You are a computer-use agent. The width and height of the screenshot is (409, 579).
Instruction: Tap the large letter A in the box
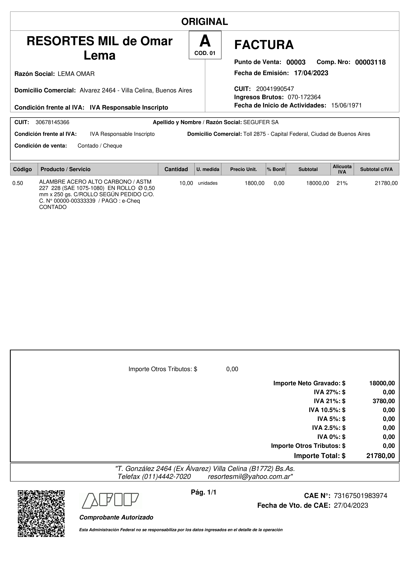coord(205,41)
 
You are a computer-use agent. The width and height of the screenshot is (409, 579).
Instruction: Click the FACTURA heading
coord(264,45)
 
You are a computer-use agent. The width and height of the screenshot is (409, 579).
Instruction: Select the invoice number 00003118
coord(370,62)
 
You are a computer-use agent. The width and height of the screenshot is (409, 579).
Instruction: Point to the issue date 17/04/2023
coord(311,73)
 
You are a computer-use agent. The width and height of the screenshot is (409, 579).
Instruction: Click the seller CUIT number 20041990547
coord(275,89)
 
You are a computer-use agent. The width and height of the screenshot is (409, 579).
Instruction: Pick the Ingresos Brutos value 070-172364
coord(304,97)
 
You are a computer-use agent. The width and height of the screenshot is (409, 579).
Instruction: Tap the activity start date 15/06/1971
coord(346,105)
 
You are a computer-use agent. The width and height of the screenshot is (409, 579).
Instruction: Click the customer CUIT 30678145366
coord(52,122)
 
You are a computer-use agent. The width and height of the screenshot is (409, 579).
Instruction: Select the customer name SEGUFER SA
coord(261,122)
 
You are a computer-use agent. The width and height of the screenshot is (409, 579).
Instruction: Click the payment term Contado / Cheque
coord(100,146)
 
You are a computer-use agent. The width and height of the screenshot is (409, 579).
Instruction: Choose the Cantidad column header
coord(176,169)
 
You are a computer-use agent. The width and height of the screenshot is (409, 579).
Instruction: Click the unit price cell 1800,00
coord(254,183)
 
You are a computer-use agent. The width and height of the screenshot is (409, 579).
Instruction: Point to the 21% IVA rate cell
coord(342,183)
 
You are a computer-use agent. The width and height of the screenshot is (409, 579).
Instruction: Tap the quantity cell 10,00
coord(186,183)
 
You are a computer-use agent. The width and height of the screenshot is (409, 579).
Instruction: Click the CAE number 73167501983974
coord(360,496)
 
